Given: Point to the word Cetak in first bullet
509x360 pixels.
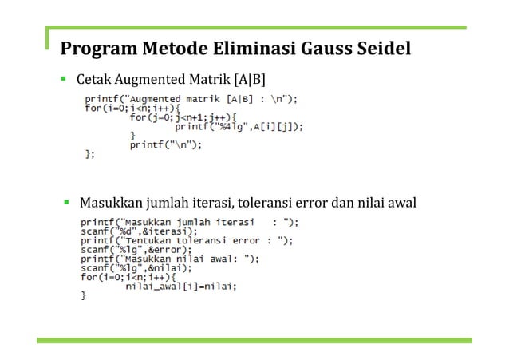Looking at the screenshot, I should (x=93, y=81).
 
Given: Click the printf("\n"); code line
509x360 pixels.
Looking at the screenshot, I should (x=166, y=144).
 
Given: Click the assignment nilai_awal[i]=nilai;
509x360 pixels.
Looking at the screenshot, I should (x=181, y=286).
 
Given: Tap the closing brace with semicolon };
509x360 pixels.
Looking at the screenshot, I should (x=89, y=154).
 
